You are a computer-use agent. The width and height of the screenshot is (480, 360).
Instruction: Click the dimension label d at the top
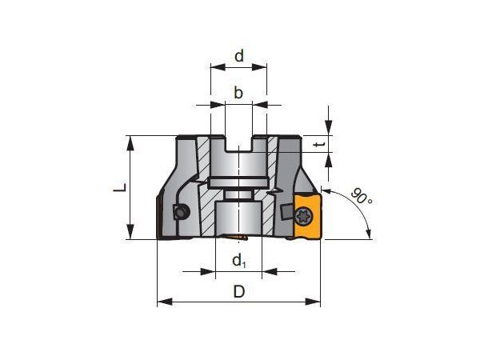pyautogui.click(x=239, y=56)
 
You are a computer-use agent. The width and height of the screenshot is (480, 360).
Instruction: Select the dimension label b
pyautogui.click(x=238, y=92)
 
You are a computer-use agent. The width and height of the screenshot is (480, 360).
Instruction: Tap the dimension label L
pyautogui.click(x=120, y=188)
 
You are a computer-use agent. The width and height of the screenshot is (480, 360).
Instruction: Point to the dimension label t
pyautogui.click(x=320, y=145)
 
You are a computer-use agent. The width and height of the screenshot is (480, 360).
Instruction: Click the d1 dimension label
pyautogui.click(x=239, y=261)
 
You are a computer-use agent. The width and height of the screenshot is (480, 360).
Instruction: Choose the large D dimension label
pyautogui.click(x=239, y=291)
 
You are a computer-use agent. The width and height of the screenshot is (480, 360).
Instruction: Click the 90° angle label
pyautogui.click(x=362, y=197)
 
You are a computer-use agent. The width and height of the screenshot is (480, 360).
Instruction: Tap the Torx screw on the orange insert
pyautogui.click(x=305, y=218)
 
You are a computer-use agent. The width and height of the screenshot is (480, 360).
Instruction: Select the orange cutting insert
pyautogui.click(x=307, y=216)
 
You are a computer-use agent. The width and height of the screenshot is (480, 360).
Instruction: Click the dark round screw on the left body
pyautogui.click(x=181, y=212)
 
